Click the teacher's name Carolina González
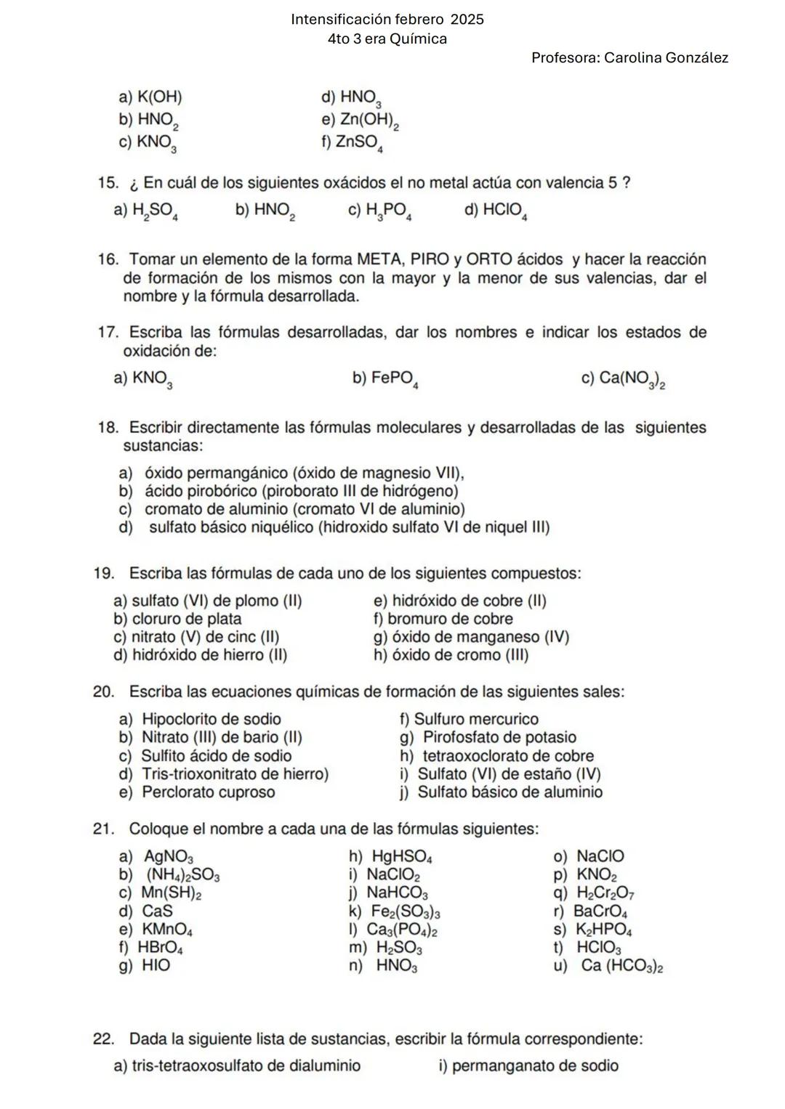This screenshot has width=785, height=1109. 666,58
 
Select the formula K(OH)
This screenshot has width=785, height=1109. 159,97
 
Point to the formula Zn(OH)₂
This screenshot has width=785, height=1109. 369,121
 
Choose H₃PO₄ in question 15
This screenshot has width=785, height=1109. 389,211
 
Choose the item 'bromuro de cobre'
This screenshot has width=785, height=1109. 450,619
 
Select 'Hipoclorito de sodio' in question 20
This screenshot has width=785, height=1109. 211,719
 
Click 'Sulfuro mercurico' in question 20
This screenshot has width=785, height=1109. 476,719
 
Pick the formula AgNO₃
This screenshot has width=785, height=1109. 169,857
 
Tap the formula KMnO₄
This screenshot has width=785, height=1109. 167,930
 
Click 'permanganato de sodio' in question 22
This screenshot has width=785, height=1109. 535,1066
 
